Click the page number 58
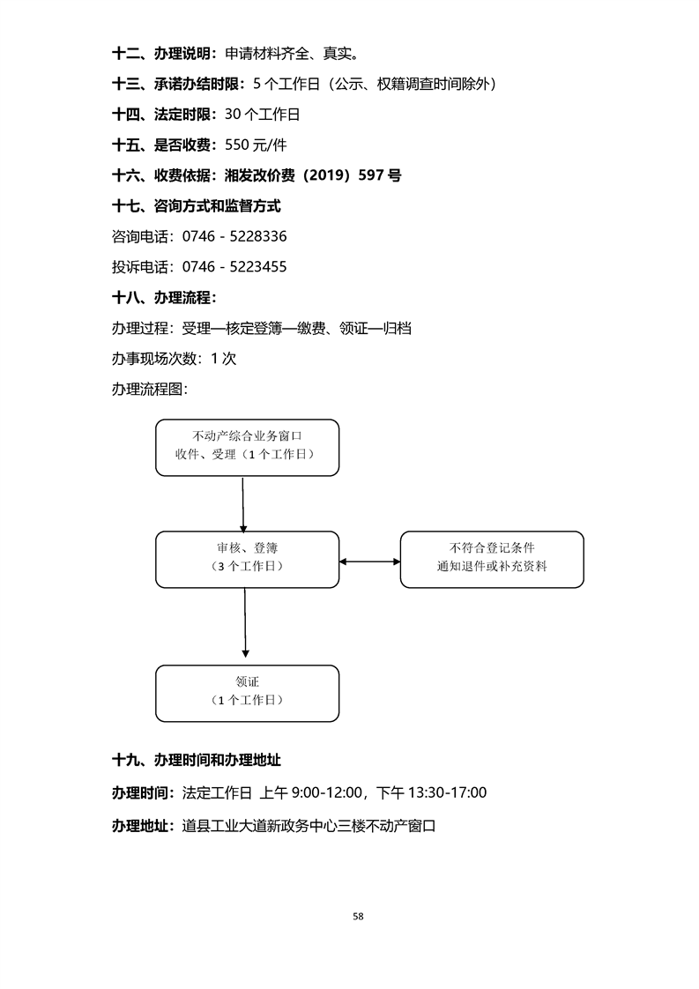tap(358, 916)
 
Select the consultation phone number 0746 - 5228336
tap(234, 236)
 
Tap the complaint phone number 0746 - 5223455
tap(234, 266)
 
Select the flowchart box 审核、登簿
tap(248, 559)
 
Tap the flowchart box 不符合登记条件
tap(492, 559)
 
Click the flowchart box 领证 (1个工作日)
tap(248, 693)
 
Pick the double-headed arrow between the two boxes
tap(370, 561)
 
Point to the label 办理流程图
tap(150, 389)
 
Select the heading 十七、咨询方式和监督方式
tap(197, 206)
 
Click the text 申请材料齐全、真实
tap(291, 54)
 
